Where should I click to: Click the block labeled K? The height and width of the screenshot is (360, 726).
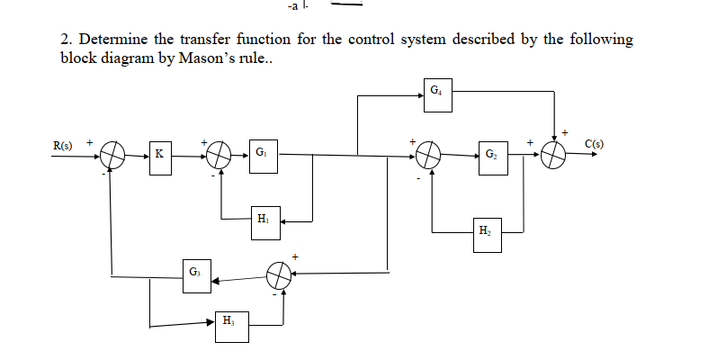tap(159, 154)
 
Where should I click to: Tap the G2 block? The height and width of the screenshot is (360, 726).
tap(489, 154)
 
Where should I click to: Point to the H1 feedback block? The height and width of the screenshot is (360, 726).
tap(262, 219)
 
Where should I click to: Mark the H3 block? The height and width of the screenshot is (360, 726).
tap(228, 321)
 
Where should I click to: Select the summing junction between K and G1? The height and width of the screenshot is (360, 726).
tap(218, 155)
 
